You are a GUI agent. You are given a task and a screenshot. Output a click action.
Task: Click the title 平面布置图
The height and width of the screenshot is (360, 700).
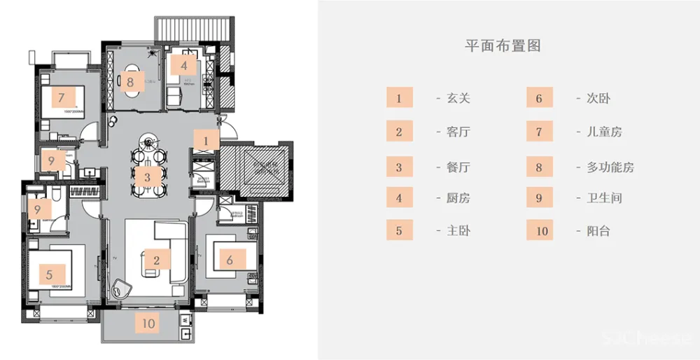click(x=503, y=46)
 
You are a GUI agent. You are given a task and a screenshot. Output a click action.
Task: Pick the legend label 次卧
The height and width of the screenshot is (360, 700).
click(x=598, y=98)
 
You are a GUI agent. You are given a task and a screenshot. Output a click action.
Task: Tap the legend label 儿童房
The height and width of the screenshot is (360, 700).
click(x=605, y=132)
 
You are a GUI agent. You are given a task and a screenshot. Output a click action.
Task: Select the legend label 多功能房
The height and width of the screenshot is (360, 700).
click(x=611, y=167)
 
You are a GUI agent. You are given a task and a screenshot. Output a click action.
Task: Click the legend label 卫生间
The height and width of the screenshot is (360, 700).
click(x=605, y=198)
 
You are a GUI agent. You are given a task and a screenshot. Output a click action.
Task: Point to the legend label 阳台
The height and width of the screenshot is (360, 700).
click(x=598, y=230)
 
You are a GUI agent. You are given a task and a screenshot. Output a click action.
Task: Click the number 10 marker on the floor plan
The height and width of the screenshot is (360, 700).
click(x=148, y=323)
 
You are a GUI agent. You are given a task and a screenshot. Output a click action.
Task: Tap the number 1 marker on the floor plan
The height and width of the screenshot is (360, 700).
click(x=206, y=141)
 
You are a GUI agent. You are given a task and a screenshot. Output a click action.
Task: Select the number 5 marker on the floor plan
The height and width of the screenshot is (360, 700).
click(x=50, y=275)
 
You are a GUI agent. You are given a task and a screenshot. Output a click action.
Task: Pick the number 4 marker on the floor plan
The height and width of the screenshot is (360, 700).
click(x=184, y=66)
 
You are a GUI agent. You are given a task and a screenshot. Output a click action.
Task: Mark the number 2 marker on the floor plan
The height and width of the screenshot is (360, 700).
click(x=157, y=260)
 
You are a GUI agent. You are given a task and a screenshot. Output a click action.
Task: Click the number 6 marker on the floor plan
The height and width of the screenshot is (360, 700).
click(x=229, y=260)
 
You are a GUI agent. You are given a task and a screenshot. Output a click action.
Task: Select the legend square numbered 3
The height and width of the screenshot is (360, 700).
click(x=399, y=167)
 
